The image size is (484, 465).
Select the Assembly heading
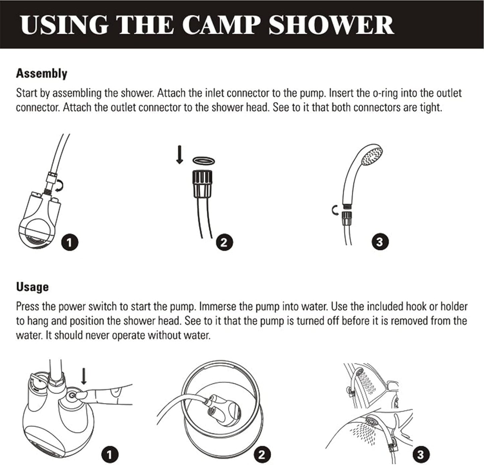42,73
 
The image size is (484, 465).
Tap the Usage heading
32,287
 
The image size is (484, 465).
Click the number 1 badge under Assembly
70,242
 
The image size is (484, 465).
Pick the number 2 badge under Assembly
224,242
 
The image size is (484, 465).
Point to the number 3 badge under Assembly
379,242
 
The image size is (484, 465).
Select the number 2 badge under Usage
262,455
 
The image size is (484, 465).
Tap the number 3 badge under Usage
420,455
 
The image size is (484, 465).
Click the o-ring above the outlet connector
203,161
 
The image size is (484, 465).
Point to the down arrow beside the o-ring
180,155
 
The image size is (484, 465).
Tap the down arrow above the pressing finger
84,376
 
